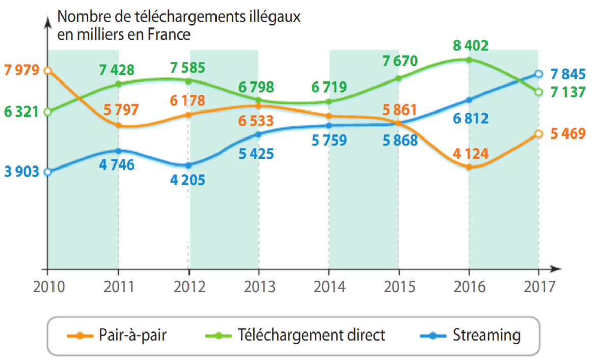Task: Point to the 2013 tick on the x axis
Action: click(x=259, y=268)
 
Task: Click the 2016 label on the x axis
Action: click(x=468, y=287)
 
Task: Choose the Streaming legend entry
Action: click(x=470, y=336)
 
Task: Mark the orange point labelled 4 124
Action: click(x=469, y=167)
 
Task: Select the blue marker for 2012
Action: click(x=188, y=165)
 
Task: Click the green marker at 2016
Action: click(x=469, y=60)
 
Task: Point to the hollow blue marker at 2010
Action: click(x=47, y=172)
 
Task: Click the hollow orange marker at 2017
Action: click(x=538, y=134)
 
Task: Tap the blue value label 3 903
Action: click(x=21, y=172)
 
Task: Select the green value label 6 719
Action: click(x=329, y=87)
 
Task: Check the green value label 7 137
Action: click(x=566, y=93)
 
